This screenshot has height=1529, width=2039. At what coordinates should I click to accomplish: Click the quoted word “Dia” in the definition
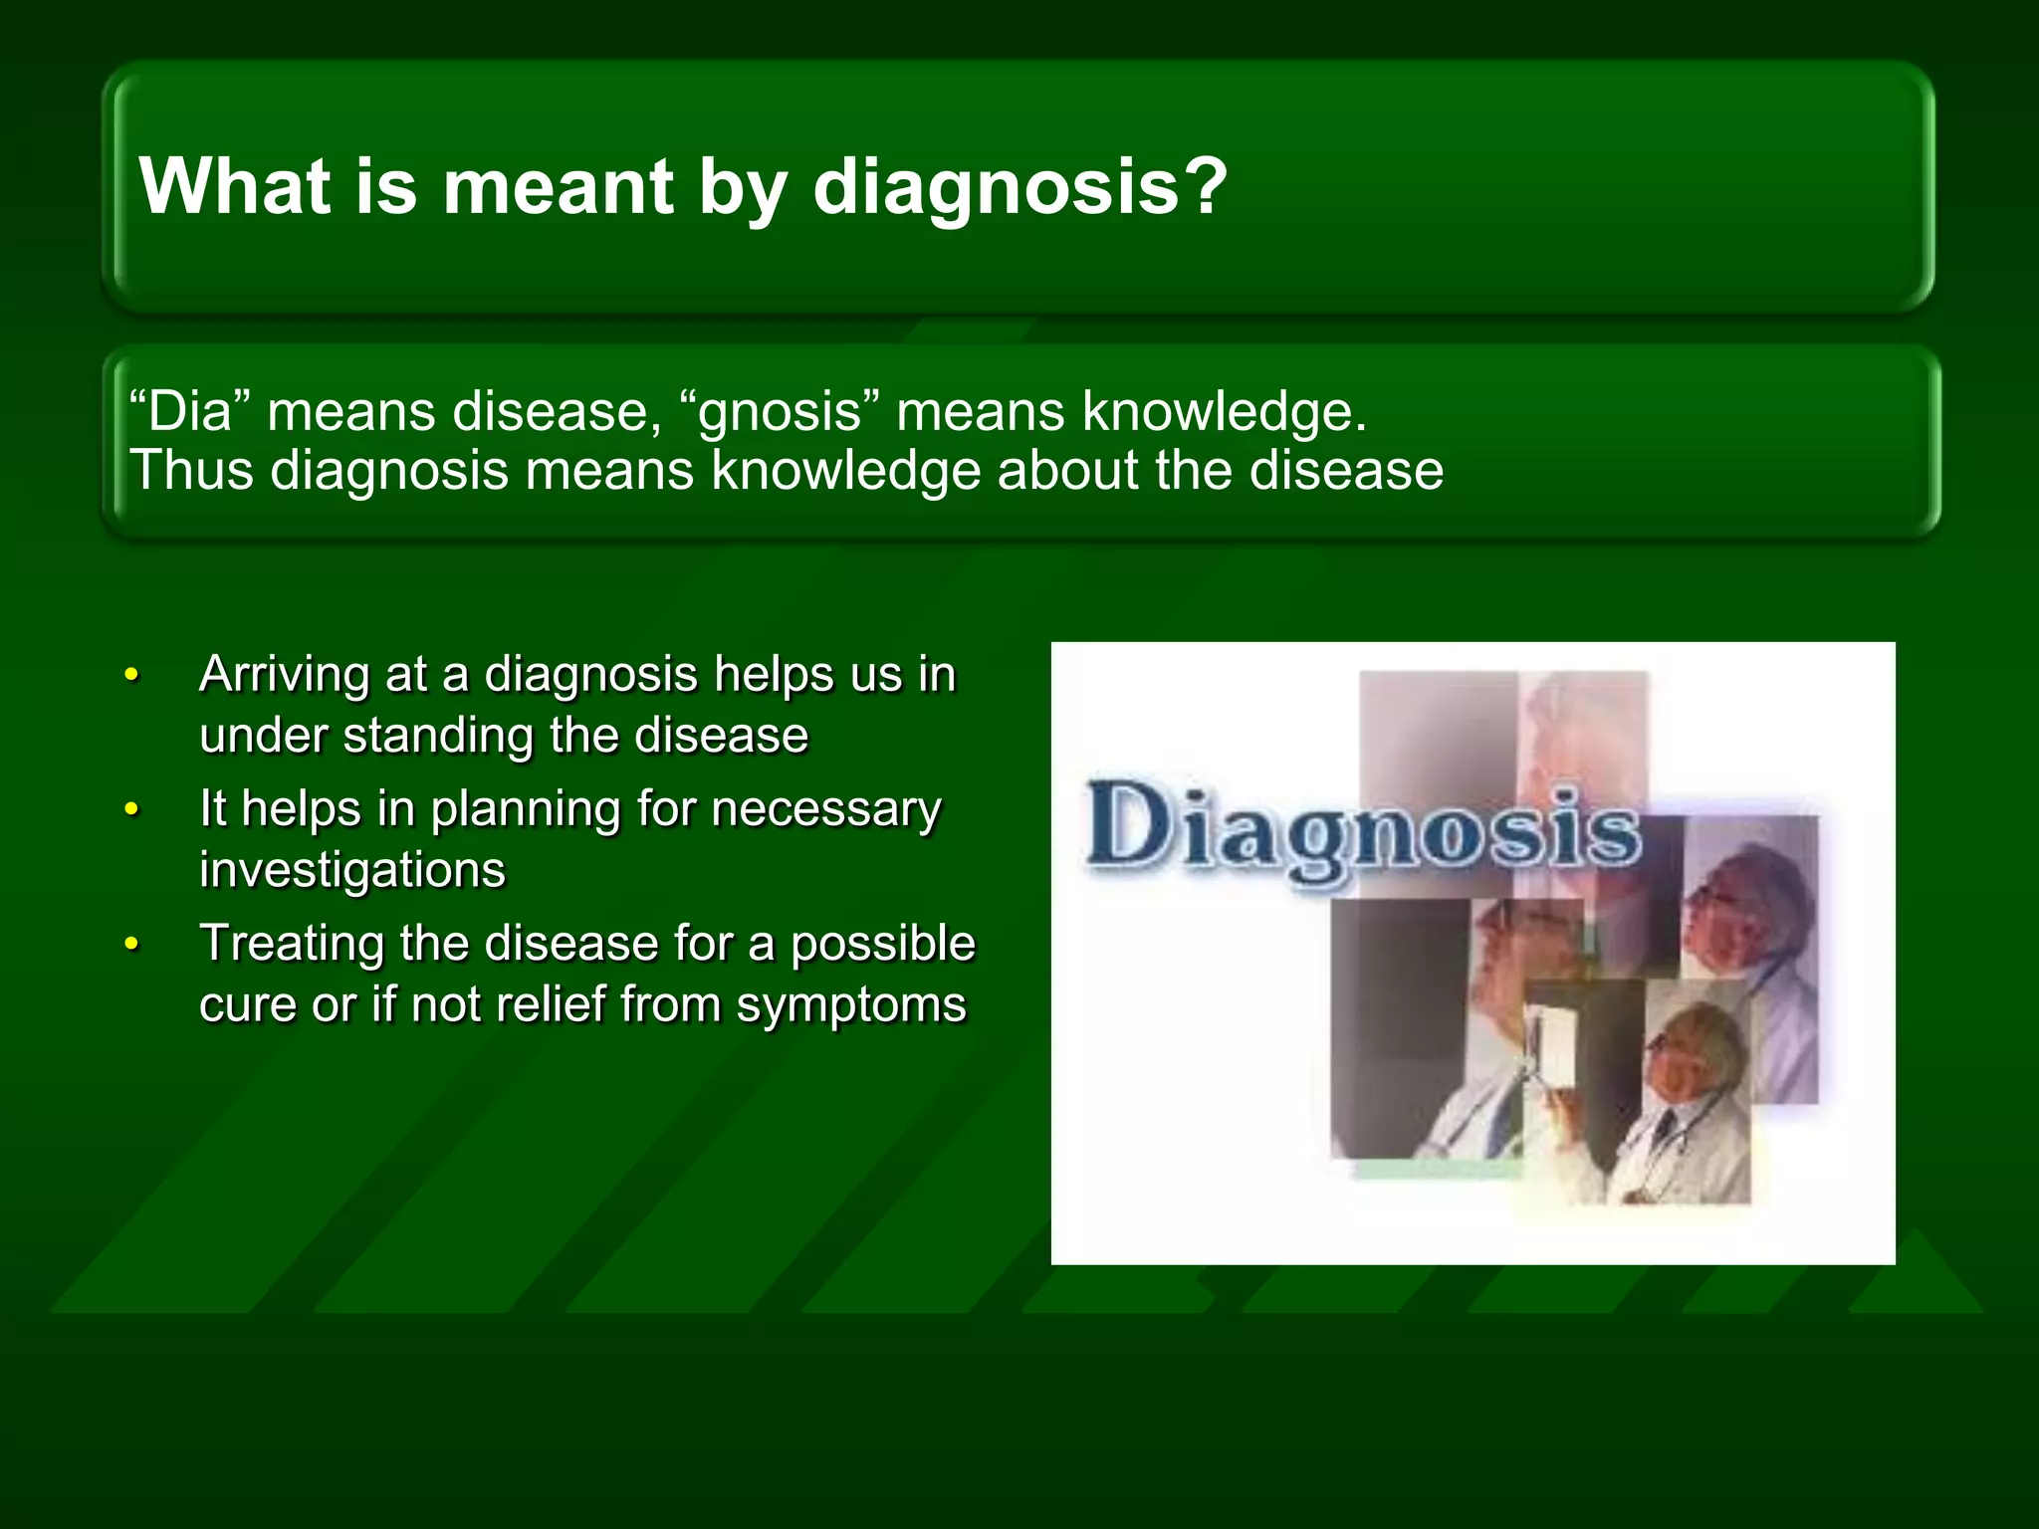pyautogui.click(x=189, y=411)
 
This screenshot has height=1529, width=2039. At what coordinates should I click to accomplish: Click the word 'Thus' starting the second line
pyautogui.click(x=191, y=470)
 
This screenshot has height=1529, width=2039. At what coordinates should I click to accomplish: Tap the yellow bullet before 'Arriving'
pyautogui.click(x=130, y=676)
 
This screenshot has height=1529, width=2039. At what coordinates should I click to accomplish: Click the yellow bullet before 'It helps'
pyautogui.click(x=130, y=810)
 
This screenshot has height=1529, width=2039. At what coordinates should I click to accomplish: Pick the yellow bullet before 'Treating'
pyautogui.click(x=130, y=945)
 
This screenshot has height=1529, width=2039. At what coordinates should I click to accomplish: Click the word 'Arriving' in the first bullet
pyautogui.click(x=283, y=676)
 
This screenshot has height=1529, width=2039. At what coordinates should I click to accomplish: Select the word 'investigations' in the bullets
pyautogui.click(x=352, y=871)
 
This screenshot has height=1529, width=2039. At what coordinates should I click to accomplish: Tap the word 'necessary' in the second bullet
pyautogui.click(x=825, y=808)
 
